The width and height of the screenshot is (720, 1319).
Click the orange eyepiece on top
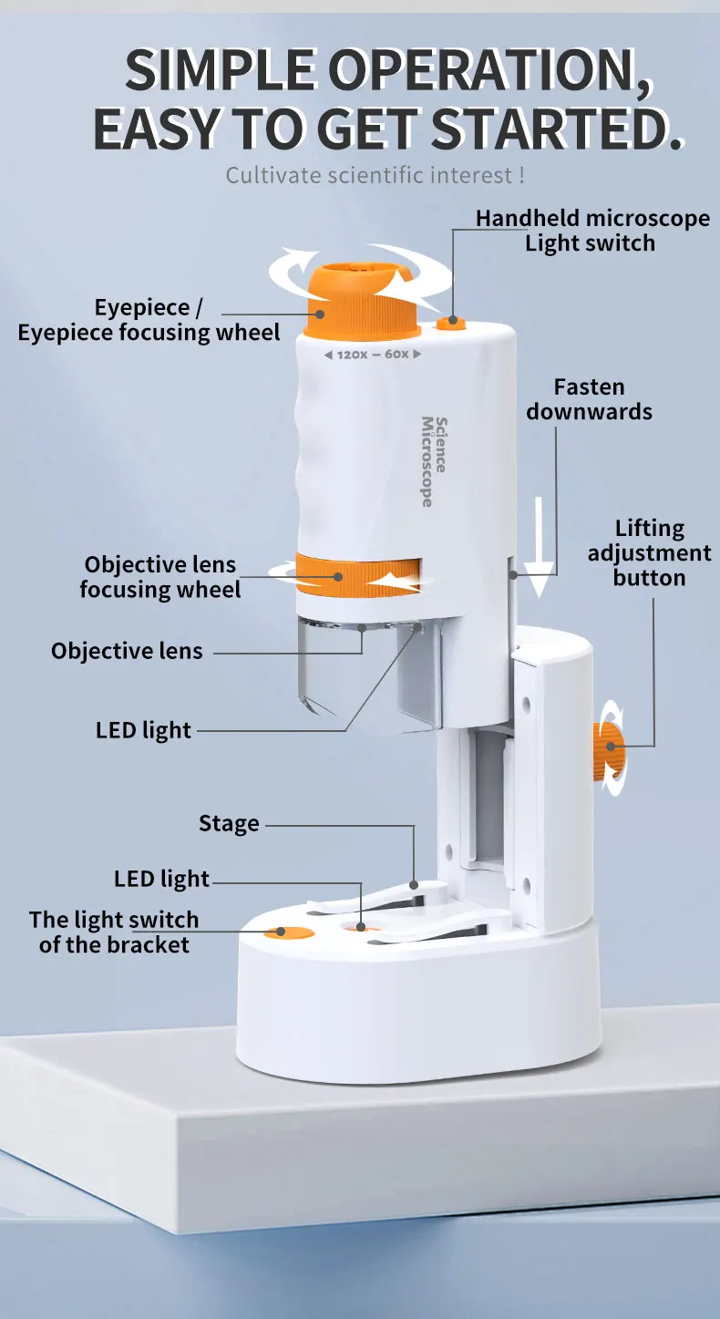[362, 301]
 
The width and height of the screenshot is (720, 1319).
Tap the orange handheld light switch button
[450, 323]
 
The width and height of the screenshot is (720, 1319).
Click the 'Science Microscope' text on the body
[434, 461]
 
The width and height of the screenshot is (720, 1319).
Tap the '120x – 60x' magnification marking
[373, 354]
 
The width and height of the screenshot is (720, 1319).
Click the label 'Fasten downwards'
[589, 399]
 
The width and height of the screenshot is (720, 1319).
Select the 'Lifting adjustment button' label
[649, 552]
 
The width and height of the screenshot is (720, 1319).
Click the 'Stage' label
[229, 824]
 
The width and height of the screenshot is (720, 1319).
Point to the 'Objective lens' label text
[127, 651]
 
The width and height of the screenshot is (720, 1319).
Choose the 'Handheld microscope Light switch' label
[591, 231]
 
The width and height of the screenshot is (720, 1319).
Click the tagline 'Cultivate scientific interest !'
[375, 174]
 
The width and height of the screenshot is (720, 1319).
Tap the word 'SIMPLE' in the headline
[220, 69]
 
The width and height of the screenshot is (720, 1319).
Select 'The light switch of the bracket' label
[114, 932]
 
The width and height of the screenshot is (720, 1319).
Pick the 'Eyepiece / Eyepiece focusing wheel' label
[149, 320]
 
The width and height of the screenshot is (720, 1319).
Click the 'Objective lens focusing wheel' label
[159, 577]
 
